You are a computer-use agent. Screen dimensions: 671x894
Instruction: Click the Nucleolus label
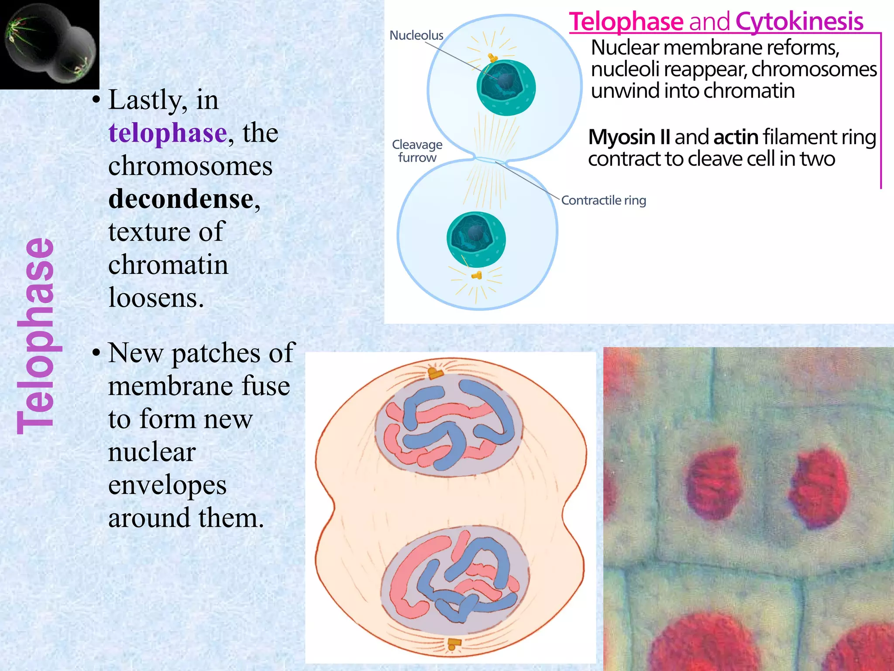(416, 35)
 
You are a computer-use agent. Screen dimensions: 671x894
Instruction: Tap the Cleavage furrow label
(417, 151)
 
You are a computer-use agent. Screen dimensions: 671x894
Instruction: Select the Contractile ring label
(603, 201)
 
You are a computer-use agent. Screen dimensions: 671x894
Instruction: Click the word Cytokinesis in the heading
(799, 21)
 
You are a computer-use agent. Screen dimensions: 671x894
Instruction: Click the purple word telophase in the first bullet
(168, 133)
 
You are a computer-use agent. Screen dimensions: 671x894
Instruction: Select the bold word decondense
(181, 199)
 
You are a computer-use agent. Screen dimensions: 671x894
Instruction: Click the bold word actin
(736, 137)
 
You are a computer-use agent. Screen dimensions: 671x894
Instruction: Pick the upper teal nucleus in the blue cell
(506, 87)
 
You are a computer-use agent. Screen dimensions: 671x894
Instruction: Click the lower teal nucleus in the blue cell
(476, 239)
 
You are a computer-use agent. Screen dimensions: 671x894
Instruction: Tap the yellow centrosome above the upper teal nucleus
(493, 58)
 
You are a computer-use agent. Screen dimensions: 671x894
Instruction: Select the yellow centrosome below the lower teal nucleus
(477, 275)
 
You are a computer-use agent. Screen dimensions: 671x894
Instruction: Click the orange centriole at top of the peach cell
(435, 373)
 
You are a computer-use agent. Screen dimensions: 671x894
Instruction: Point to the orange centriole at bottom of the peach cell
(454, 643)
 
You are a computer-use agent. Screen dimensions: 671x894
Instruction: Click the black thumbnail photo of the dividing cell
(49, 44)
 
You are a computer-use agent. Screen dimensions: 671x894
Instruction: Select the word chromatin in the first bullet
(168, 265)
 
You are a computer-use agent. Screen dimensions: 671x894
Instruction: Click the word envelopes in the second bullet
(167, 485)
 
